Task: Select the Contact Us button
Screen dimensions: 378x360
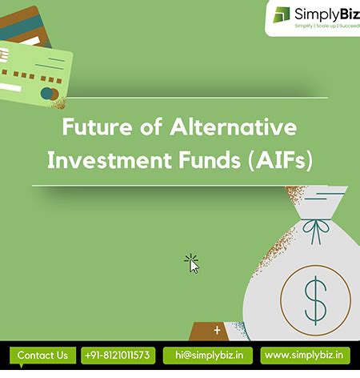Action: [42, 355]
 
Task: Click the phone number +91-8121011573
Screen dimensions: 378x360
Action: [118, 355]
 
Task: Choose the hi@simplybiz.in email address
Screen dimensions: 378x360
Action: [208, 355]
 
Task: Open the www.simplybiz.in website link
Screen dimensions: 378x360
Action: [307, 355]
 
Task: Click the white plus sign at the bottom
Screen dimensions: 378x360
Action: [217, 329]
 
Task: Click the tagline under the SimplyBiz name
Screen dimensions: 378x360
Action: [326, 26]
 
